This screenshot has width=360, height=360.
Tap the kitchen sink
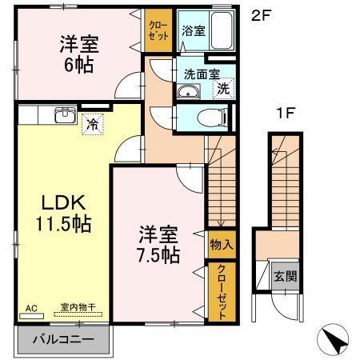(x=63, y=115)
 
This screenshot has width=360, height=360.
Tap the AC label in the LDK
(x=31, y=306)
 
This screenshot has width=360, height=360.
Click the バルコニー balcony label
(x=63, y=338)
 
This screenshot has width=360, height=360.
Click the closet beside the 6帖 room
(x=156, y=31)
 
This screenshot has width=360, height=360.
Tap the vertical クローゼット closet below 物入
(x=217, y=291)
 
